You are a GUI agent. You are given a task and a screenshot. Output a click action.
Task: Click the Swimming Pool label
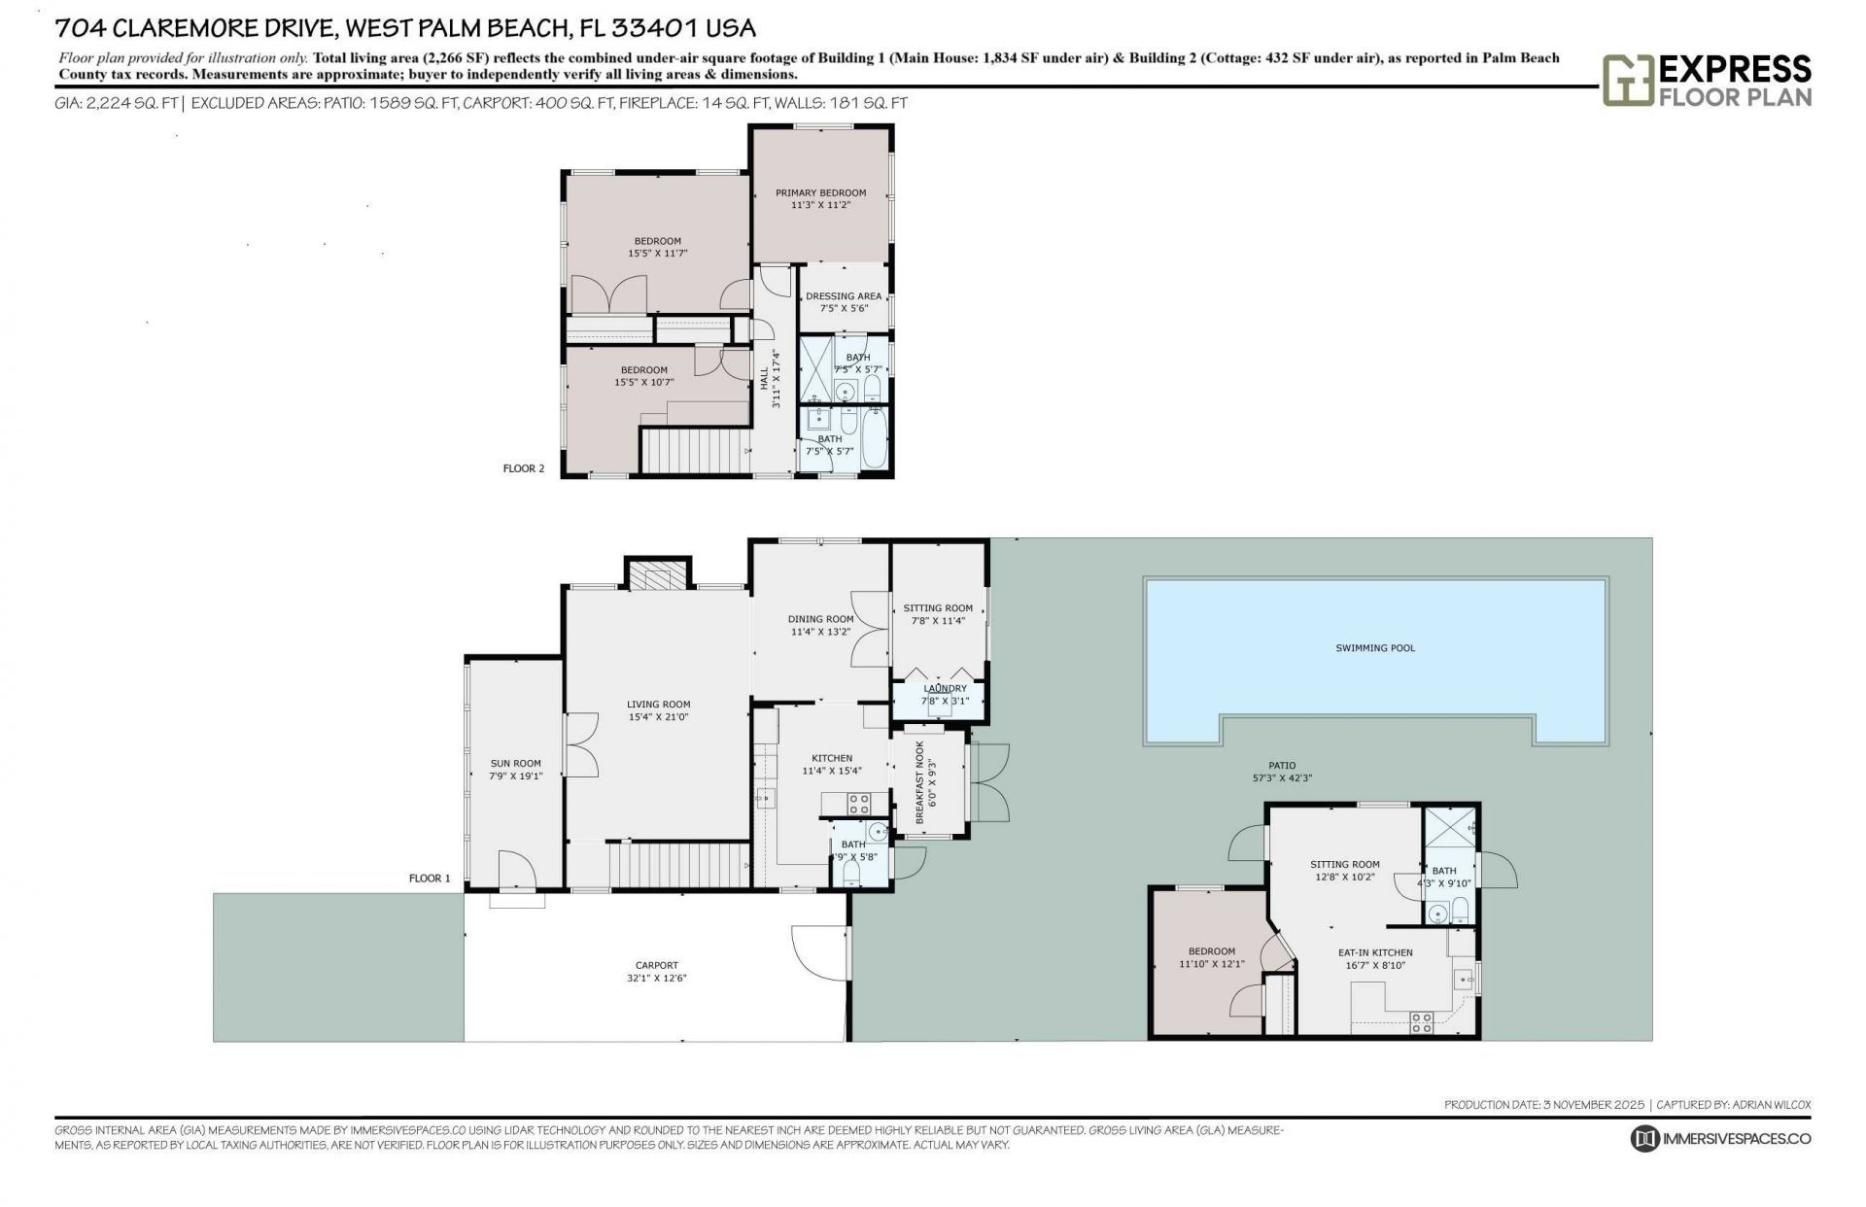[x=1374, y=648]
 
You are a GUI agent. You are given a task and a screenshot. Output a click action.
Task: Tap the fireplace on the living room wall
[x=658, y=576]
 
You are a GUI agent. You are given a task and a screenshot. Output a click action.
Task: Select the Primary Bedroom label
[x=820, y=192]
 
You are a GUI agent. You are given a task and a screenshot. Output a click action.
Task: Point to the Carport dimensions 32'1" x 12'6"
[x=657, y=979]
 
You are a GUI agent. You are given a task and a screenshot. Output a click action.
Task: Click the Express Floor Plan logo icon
[x=1628, y=81]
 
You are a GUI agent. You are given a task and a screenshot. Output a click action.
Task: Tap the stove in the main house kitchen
[x=858, y=804]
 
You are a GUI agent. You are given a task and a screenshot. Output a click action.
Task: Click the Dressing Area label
[x=844, y=296]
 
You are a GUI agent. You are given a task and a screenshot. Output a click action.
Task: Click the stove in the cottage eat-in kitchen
[x=1421, y=1021]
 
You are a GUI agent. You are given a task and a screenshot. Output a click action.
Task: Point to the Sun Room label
[x=515, y=764]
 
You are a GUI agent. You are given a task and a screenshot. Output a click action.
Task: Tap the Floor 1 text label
[x=430, y=879]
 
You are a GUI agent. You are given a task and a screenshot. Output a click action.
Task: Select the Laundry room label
[x=945, y=689]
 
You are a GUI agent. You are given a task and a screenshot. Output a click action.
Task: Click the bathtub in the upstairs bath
[x=874, y=439]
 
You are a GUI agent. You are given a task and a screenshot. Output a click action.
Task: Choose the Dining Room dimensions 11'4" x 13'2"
[x=820, y=632]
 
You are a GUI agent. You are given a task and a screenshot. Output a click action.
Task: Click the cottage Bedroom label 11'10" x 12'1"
[x=1211, y=951]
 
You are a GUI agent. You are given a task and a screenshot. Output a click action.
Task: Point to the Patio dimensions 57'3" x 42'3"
[x=1281, y=777]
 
